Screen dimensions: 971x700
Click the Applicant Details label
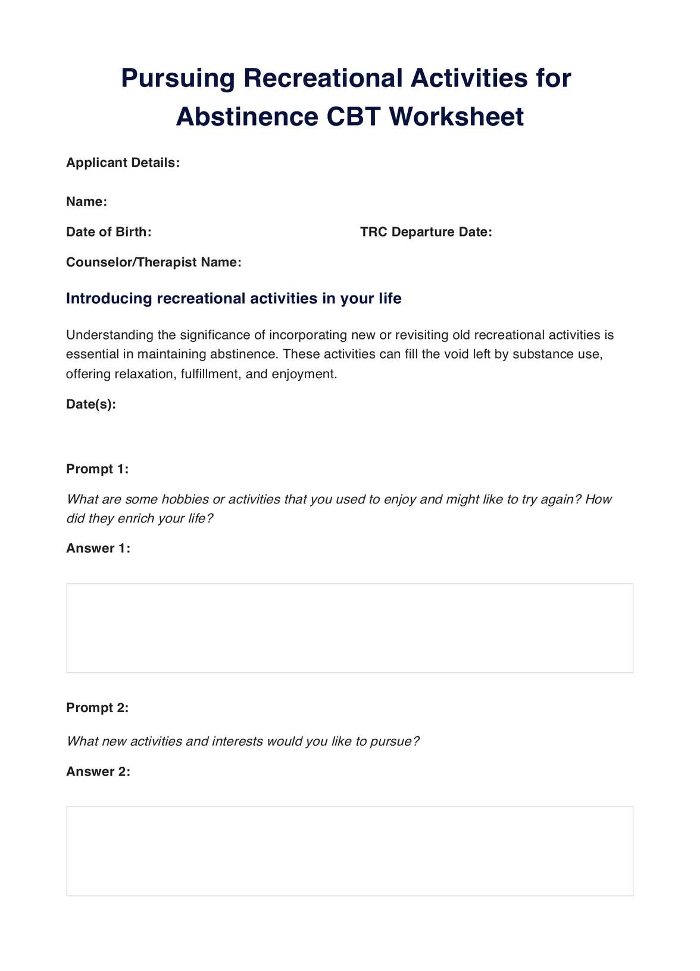(x=123, y=163)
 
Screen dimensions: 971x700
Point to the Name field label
(x=86, y=202)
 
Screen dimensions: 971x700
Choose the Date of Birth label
(x=108, y=232)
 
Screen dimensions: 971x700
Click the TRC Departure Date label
(x=426, y=232)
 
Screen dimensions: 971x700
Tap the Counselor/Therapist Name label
(x=154, y=262)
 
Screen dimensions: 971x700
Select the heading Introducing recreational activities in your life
(x=233, y=298)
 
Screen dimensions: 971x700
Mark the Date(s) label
(x=90, y=404)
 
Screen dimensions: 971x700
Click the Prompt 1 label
(x=97, y=469)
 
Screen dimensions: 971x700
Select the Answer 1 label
(x=98, y=548)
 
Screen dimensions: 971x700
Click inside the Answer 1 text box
(x=349, y=628)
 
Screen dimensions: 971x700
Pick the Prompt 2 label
(x=97, y=708)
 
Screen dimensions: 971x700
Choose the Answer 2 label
(x=98, y=771)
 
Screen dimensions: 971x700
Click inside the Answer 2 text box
(x=349, y=851)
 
